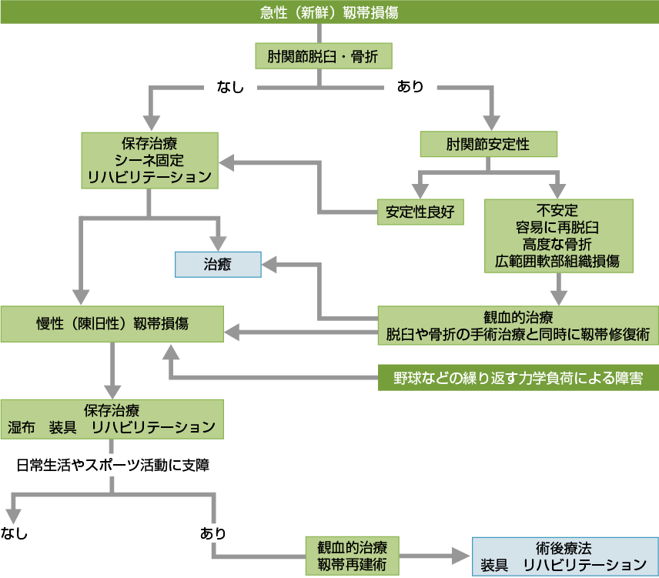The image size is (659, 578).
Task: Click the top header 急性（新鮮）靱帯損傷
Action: [329, 12]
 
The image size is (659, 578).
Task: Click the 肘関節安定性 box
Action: [488, 144]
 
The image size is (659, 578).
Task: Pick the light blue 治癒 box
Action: [219, 264]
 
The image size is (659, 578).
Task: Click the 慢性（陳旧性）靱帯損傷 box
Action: [112, 323]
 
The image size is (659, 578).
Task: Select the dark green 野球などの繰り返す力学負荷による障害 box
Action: [518, 378]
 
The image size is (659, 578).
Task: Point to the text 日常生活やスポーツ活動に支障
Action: [112, 464]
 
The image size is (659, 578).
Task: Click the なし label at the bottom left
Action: [15, 533]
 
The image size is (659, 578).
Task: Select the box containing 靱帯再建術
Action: [352, 556]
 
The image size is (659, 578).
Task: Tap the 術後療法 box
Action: [563, 556]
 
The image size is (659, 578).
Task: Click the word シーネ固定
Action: [149, 160]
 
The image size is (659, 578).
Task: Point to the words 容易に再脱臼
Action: [557, 227]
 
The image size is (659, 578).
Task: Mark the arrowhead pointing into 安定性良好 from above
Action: [420, 190]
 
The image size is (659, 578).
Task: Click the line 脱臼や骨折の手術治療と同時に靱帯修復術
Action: [518, 333]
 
